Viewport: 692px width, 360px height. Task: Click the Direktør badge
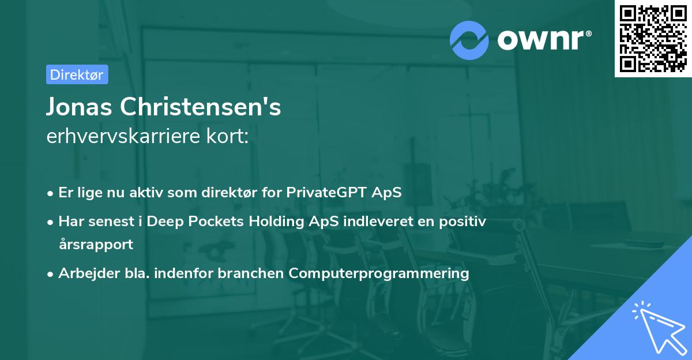pos(77,74)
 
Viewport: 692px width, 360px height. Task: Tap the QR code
pos(653,38)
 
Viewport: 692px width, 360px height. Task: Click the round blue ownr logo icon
pos(469,39)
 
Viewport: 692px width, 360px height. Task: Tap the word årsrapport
pos(96,244)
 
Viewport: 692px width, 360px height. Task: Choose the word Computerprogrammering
pos(379,273)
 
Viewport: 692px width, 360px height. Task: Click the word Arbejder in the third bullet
pos(83,273)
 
